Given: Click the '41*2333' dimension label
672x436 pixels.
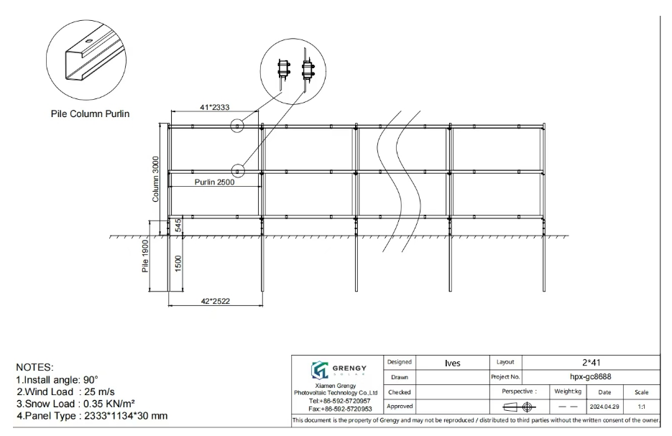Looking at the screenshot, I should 214,107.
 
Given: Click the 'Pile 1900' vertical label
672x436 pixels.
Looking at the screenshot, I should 145,257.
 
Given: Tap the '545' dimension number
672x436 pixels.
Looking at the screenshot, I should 178,226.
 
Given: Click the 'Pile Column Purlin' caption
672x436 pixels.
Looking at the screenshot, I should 90,113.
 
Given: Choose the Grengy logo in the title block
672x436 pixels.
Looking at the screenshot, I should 335,370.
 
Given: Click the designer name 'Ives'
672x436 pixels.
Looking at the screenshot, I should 452,363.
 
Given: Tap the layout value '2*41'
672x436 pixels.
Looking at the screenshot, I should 591,363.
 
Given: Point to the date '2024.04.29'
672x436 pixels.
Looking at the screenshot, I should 604,407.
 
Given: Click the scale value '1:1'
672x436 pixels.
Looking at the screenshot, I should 640,407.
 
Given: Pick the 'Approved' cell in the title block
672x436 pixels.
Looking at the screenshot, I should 400,407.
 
